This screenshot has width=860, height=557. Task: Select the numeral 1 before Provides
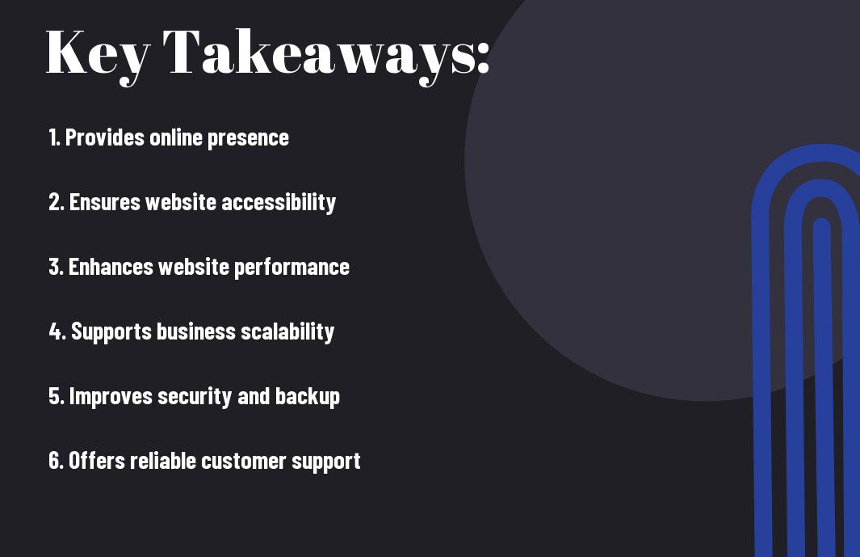[52, 137]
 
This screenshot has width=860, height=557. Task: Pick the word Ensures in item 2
[105, 202]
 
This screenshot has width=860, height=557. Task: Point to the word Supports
[111, 332]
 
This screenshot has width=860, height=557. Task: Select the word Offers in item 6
[97, 460]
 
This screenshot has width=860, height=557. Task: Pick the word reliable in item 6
[162, 460]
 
